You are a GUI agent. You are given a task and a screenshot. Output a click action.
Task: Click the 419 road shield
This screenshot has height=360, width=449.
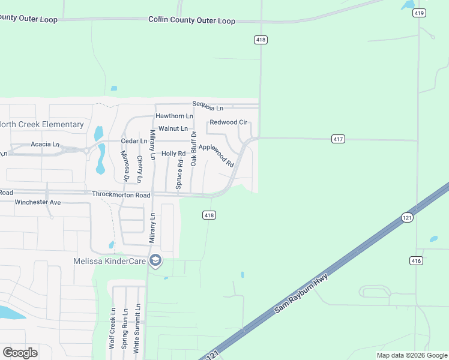pyautogui.click(x=420, y=13)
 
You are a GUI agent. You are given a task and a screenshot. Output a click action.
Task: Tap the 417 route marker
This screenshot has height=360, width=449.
pyautogui.click(x=338, y=139)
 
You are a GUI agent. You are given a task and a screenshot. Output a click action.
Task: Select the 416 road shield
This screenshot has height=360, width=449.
pyautogui.click(x=417, y=260)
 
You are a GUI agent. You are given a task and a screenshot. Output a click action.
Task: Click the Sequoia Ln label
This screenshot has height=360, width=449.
pyautogui.click(x=208, y=108)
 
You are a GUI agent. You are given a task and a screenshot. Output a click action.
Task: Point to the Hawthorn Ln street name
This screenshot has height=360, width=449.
pyautogui.click(x=174, y=116)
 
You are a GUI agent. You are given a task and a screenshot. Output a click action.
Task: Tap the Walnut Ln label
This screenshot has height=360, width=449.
pyautogui.click(x=173, y=128)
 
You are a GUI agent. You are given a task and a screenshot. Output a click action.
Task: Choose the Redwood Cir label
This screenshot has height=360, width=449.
pyautogui.click(x=228, y=122)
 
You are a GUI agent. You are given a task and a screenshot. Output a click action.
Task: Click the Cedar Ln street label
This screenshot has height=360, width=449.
pyautogui.click(x=134, y=141)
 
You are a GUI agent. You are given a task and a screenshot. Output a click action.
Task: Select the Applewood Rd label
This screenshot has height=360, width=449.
pyautogui.click(x=216, y=154)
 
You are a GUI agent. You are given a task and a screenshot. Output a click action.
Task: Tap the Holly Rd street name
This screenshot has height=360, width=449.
pyautogui.click(x=173, y=154)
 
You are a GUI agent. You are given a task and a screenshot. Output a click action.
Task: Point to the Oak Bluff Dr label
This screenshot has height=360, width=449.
pyautogui.click(x=193, y=148)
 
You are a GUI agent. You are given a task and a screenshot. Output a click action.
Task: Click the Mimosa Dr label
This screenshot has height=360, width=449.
pyautogui.click(x=125, y=166)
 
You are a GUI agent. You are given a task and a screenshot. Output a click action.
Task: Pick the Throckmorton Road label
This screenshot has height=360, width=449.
pyautogui.click(x=121, y=195)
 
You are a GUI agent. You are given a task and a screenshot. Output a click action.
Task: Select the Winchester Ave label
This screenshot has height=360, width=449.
pyautogui.click(x=38, y=203)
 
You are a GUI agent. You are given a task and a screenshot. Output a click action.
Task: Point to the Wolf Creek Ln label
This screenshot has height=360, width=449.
pyautogui.click(x=112, y=329)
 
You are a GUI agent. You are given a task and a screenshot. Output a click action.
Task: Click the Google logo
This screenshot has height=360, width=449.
pyautogui.click(x=19, y=353)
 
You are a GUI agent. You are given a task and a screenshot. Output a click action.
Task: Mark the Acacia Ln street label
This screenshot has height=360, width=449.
pyautogui.click(x=46, y=145)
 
